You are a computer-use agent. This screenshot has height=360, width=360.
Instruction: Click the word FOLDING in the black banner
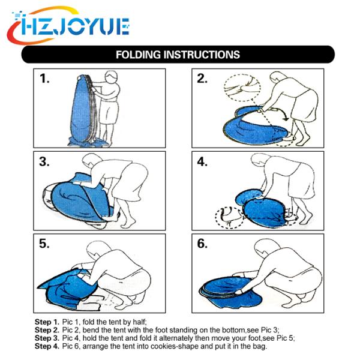pos(138,55)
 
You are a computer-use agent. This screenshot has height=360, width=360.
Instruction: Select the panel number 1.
pos(44,79)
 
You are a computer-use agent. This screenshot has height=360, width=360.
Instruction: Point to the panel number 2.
pos(202,79)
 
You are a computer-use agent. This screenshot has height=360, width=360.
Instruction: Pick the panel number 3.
pos(44,161)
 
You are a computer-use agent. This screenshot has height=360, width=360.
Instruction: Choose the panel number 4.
pos(202,161)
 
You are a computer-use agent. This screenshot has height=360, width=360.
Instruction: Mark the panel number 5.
pos(44,244)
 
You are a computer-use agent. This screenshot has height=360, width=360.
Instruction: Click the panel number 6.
pos(202,244)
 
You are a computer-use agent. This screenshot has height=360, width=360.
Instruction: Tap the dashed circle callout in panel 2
pos(242,87)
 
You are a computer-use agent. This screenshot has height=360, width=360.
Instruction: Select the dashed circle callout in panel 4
pos(230,217)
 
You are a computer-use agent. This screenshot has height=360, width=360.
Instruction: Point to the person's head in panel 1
pos(112,77)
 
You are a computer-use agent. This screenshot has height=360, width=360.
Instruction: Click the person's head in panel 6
pos(266,248)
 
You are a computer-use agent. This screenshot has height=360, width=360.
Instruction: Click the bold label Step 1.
pos(47,322)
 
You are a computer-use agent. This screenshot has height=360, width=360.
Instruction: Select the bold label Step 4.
pos(47,346)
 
